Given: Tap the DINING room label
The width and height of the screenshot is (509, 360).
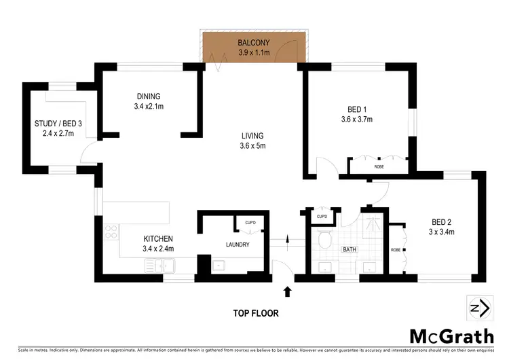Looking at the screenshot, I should pyautogui.click(x=147, y=96).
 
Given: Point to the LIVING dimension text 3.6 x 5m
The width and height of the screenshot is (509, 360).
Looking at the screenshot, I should pyautogui.click(x=252, y=145).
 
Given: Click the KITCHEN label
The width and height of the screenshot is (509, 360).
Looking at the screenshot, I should pyautogui.click(x=158, y=239).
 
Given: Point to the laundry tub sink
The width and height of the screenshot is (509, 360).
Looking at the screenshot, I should pyautogui.click(x=219, y=266).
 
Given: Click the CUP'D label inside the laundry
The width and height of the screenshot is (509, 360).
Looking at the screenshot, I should pyautogui.click(x=250, y=222).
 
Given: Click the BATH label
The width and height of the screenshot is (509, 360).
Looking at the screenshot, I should pyautogui.click(x=349, y=249).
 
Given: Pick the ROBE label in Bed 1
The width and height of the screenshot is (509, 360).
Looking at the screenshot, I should pyautogui.click(x=379, y=166).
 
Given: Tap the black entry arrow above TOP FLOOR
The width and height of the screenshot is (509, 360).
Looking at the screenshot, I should pyautogui.click(x=287, y=292).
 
